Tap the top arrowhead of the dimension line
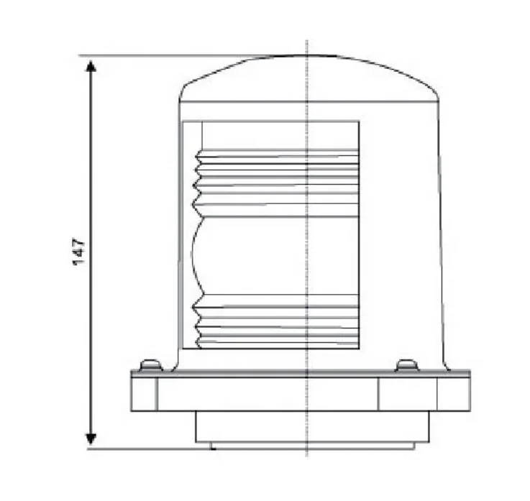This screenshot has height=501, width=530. coord(91,68)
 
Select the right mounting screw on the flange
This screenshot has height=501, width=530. coord(407,365)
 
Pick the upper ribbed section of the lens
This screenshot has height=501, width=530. coord(277,176)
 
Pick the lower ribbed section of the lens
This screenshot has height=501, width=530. coord(277,323)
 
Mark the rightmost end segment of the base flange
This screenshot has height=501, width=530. coord(454,392)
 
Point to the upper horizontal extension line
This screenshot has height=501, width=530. coord(165,55)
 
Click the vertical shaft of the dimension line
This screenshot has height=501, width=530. coord(91,180)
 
